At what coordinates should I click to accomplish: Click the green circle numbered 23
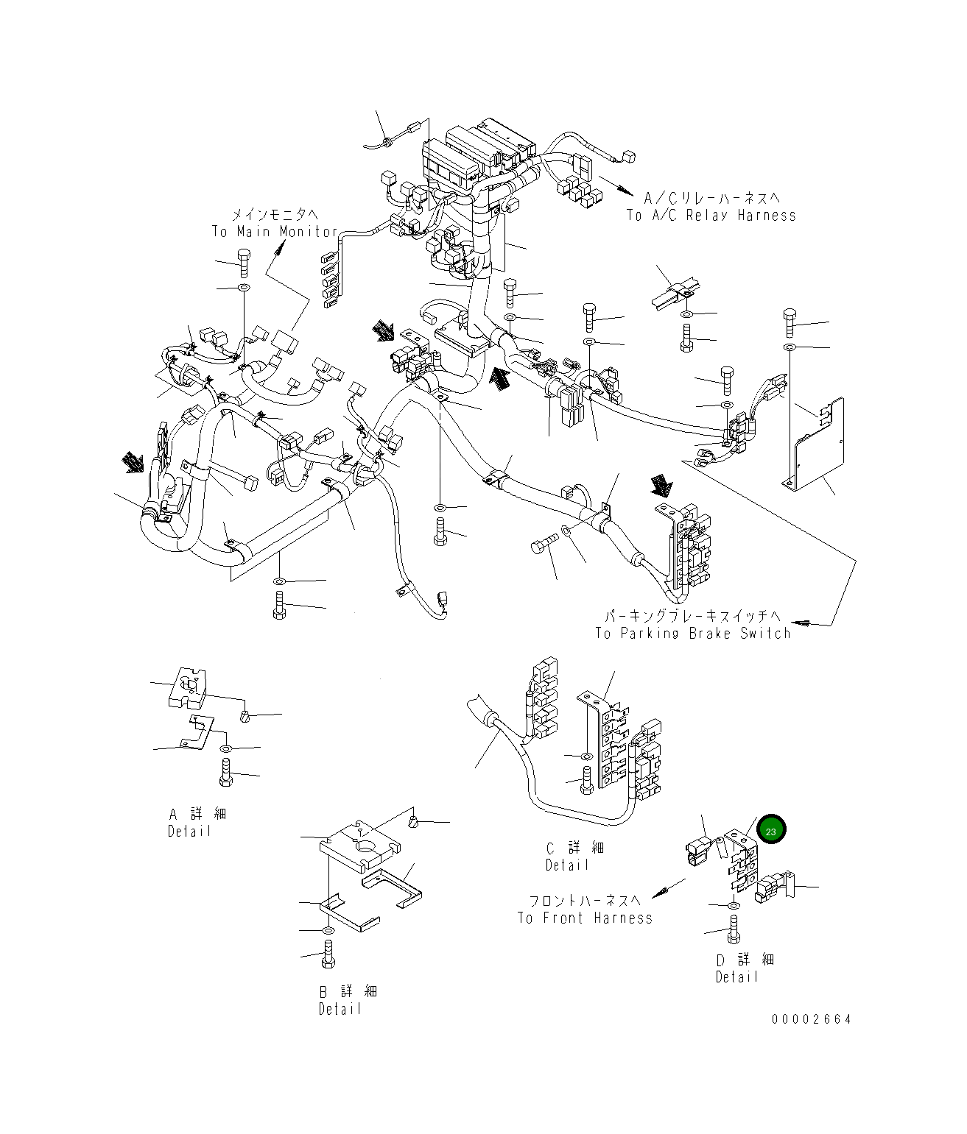click(771, 831)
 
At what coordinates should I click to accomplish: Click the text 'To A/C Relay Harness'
click(711, 216)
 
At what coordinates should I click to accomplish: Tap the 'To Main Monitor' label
click(275, 232)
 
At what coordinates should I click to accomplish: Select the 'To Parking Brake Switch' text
click(693, 634)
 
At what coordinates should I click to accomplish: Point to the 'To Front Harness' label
click(585, 918)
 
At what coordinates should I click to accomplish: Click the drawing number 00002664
click(812, 1019)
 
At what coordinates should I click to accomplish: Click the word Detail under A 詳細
click(189, 832)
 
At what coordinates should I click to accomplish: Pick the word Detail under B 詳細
click(340, 1010)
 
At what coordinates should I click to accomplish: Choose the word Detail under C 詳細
click(567, 865)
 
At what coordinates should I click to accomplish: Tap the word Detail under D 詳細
click(737, 977)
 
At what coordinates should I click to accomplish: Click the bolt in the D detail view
click(733, 929)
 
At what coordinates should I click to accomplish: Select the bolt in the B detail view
click(328, 954)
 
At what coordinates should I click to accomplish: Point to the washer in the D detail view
click(734, 904)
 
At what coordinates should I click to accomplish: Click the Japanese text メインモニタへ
click(275, 215)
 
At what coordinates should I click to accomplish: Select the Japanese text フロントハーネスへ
click(586, 901)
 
